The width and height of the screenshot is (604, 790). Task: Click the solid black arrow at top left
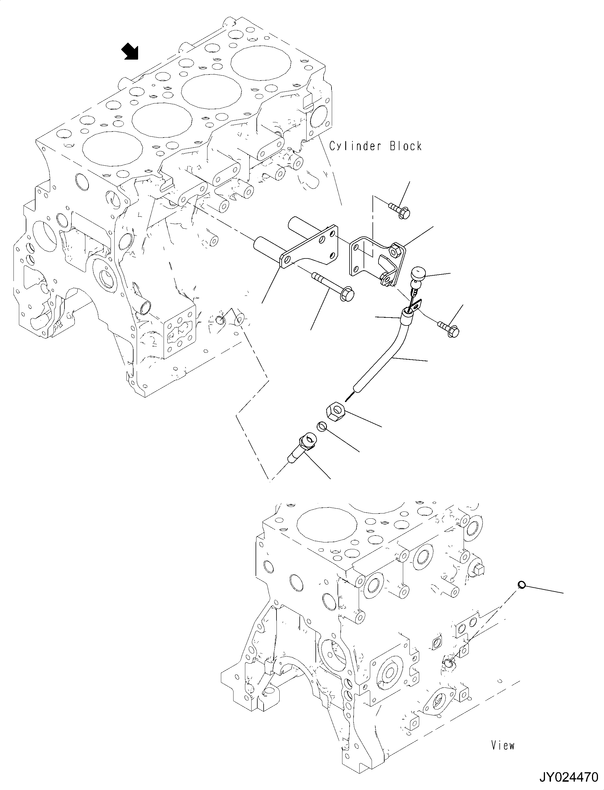click(130, 51)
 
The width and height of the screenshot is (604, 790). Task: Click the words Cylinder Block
click(375, 146)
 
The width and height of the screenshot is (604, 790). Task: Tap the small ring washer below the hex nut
click(322, 427)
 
